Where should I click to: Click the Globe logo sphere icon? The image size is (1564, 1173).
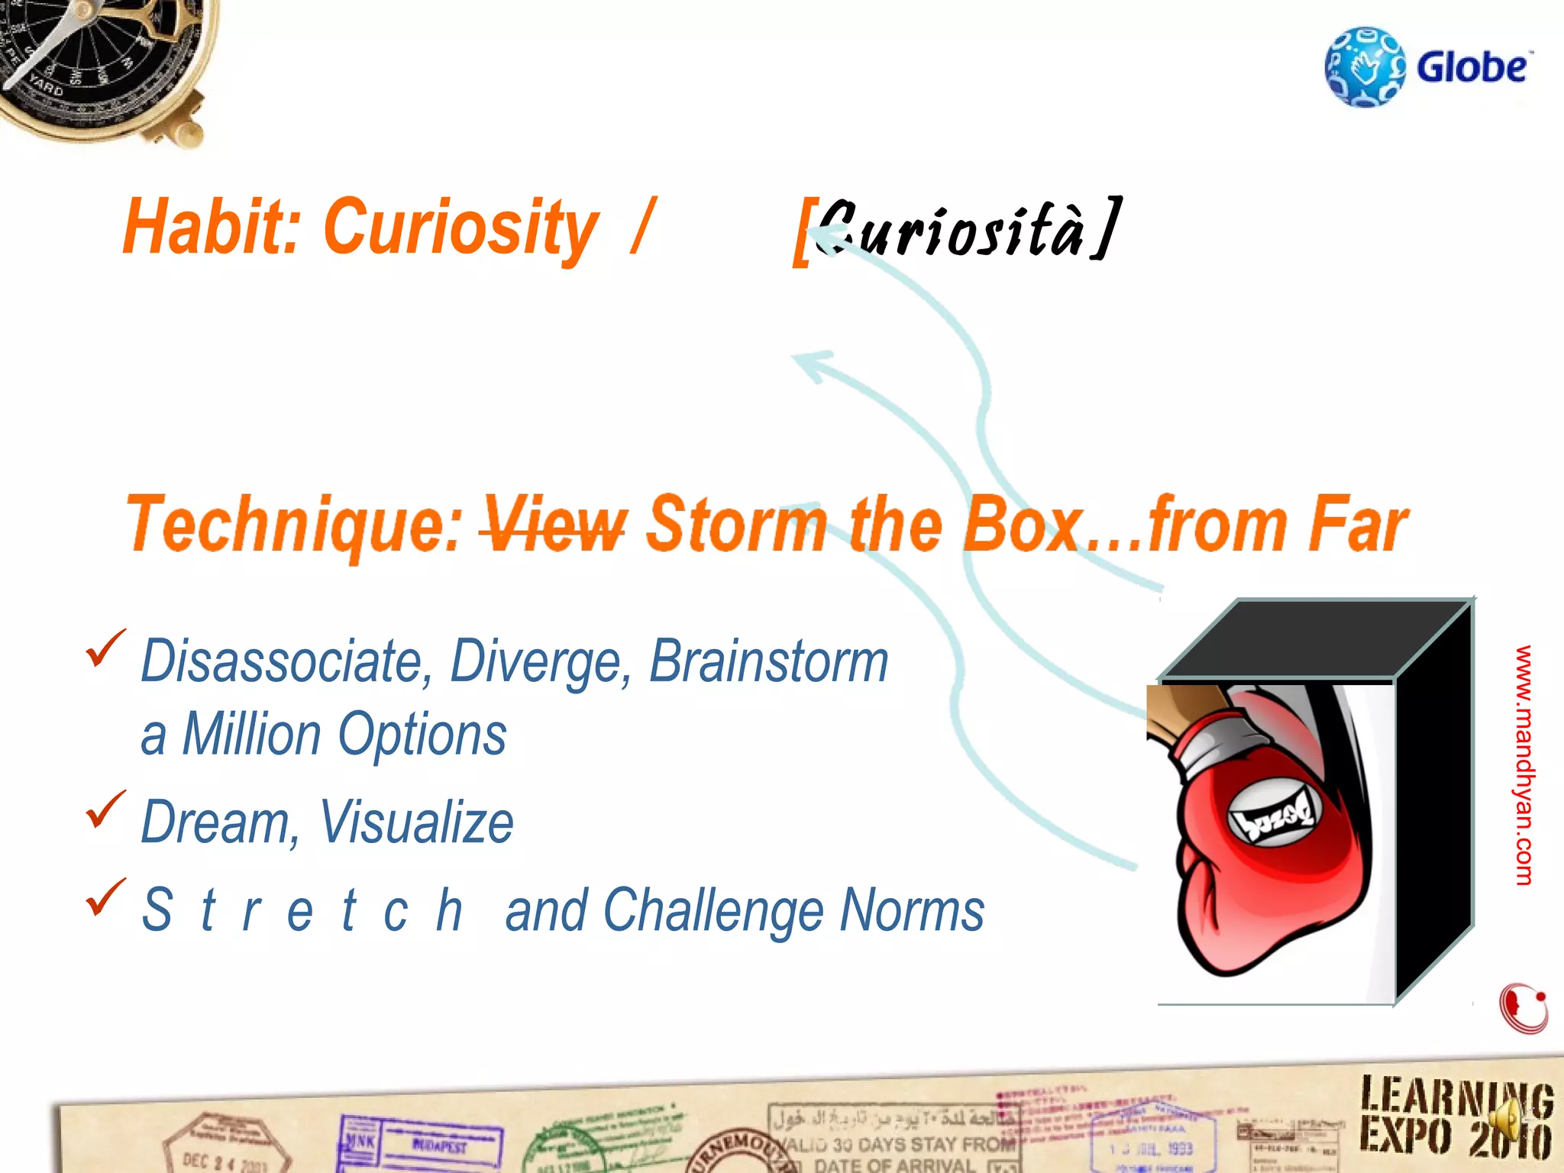click(x=1365, y=67)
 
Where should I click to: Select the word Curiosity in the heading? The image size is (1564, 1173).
click(x=460, y=227)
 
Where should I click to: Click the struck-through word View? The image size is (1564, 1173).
click(x=553, y=525)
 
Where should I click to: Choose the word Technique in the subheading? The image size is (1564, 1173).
click(x=293, y=525)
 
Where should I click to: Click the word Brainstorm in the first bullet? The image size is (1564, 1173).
click(x=768, y=661)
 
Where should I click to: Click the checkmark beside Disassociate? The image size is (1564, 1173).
click(x=105, y=648)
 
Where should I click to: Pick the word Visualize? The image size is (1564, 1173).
click(x=416, y=822)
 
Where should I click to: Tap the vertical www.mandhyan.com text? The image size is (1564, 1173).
click(x=1524, y=764)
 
